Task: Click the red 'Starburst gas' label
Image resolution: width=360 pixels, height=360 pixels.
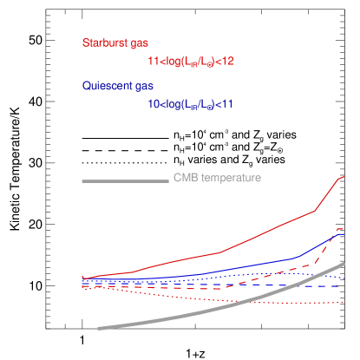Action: [115, 43]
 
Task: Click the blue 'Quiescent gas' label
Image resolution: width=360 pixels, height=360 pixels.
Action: [118, 86]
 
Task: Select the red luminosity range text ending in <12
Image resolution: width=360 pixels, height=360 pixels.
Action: [191, 62]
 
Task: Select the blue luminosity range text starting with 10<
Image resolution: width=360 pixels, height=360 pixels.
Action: [191, 104]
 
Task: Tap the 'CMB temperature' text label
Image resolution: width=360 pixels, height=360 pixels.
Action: [217, 178]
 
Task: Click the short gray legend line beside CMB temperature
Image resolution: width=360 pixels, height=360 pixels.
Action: [125, 180]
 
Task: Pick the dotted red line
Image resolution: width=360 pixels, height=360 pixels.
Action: [217, 298]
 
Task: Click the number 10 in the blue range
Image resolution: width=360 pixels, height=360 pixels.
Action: [154, 104]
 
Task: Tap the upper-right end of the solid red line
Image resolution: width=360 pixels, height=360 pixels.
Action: [344, 176]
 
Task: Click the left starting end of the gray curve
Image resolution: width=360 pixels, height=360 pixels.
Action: [100, 328]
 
